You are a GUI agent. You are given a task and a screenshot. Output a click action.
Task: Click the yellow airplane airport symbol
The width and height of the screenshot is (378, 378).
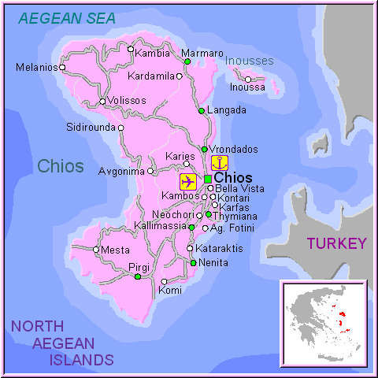(x=187, y=182)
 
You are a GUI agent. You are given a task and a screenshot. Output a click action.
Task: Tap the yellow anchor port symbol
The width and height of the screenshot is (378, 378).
(x=220, y=162)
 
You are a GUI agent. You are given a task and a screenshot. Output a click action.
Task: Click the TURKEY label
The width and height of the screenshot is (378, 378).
(x=336, y=243)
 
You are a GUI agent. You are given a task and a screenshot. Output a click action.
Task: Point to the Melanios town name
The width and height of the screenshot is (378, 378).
(x=35, y=68)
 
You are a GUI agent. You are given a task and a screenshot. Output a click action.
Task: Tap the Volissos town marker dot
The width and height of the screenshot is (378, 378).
(x=102, y=102)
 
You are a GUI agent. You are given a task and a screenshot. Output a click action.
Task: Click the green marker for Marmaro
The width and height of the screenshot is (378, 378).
(x=187, y=61)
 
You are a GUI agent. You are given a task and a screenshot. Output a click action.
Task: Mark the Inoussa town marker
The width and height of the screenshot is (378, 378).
(x=248, y=79)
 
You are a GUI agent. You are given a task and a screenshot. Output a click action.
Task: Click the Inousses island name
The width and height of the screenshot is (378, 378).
(x=250, y=61)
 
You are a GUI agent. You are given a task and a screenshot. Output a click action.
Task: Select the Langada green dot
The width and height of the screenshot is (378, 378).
(x=202, y=110)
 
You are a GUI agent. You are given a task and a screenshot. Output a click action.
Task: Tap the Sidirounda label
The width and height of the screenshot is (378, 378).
(x=91, y=127)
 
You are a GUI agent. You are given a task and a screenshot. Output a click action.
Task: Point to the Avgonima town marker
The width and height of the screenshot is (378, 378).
(x=150, y=170)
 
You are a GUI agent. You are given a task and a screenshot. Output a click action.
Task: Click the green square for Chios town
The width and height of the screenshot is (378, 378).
(x=208, y=179)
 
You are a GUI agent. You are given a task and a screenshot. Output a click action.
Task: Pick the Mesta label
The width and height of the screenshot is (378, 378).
(x=115, y=250)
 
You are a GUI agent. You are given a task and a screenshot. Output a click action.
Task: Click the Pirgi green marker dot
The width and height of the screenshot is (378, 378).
(x=137, y=276)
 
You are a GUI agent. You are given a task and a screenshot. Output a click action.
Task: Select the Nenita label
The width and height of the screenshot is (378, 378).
(x=213, y=263)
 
